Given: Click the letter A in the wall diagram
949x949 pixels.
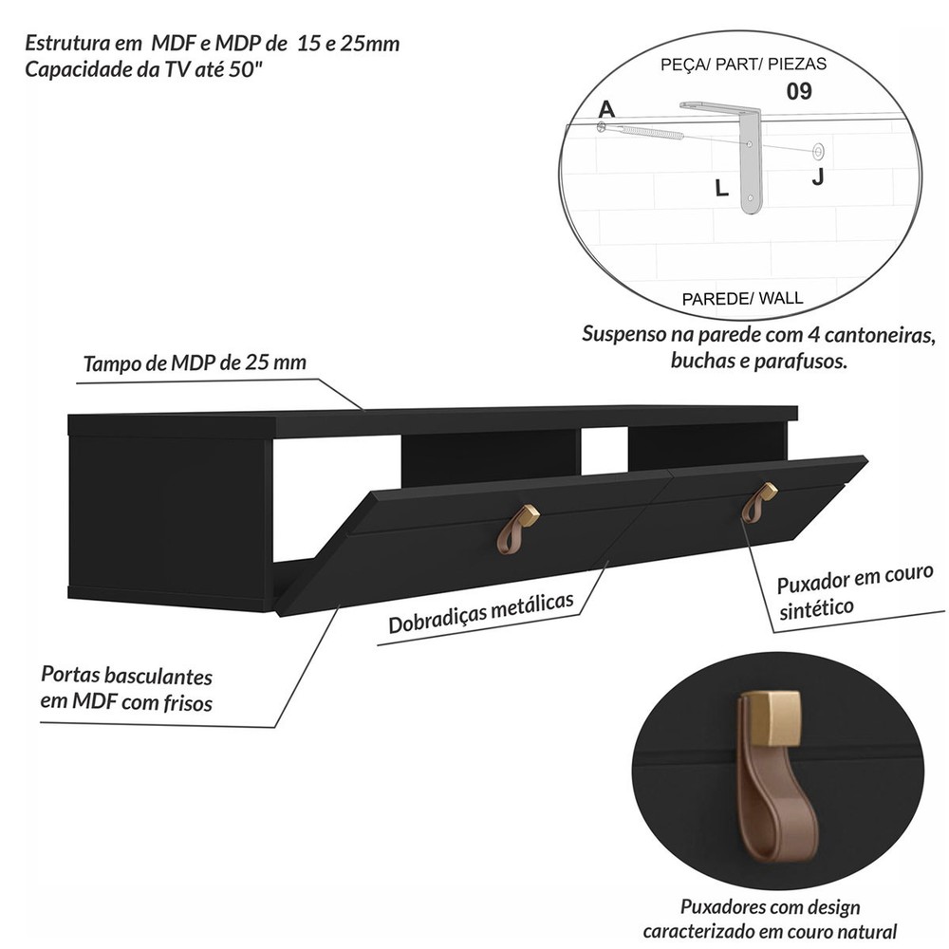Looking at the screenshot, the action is pyautogui.click(x=606, y=109).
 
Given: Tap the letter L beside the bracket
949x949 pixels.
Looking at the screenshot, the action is pyautogui.click(x=721, y=188).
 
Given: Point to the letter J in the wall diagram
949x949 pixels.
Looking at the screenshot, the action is pyautogui.click(x=818, y=177).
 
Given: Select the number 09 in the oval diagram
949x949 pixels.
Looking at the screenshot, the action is pyautogui.click(x=799, y=91).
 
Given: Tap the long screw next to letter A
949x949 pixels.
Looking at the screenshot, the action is pyautogui.click(x=642, y=131).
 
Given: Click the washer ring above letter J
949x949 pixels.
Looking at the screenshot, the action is pyautogui.click(x=818, y=150).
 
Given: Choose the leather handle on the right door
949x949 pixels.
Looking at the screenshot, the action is pyautogui.click(x=757, y=503).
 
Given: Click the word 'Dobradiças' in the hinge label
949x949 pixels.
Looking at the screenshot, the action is pyautogui.click(x=437, y=619).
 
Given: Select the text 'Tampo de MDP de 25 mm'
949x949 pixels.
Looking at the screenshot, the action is pyautogui.click(x=195, y=363).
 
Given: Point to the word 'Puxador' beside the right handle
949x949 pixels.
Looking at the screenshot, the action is pyautogui.click(x=814, y=583).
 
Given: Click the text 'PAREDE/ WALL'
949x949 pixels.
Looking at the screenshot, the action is pyautogui.click(x=742, y=298).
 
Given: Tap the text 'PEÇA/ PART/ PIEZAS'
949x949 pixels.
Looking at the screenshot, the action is pyautogui.click(x=743, y=65).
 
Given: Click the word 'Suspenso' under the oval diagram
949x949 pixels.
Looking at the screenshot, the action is pyautogui.click(x=623, y=333).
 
